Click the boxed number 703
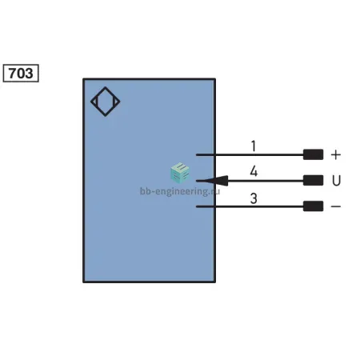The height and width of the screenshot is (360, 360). (x=21, y=73)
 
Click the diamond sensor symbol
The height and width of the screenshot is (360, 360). (x=106, y=87)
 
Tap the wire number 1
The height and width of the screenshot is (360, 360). (x=254, y=146)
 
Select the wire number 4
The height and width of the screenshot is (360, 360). (x=254, y=171)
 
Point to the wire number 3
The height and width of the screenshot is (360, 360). (x=254, y=198)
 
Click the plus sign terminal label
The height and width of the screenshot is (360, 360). (x=336, y=154)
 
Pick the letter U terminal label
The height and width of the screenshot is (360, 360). (x=336, y=181)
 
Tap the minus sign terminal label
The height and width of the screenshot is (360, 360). (x=336, y=206)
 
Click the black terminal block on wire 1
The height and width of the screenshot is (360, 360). (x=313, y=154)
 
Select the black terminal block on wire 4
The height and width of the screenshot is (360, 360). (x=313, y=181)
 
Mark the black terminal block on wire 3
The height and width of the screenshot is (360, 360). (x=313, y=206)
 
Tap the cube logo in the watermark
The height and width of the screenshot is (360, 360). (x=180, y=173)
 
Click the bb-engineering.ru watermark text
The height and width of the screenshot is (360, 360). (x=180, y=191)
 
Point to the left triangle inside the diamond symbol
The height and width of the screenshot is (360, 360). (x=95, y=102)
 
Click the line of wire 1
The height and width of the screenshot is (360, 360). (x=250, y=154)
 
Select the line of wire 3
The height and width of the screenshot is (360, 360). (x=250, y=206)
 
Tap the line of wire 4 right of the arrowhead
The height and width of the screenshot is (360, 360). (x=266, y=181)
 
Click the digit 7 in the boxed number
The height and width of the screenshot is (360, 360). (x=13, y=74)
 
